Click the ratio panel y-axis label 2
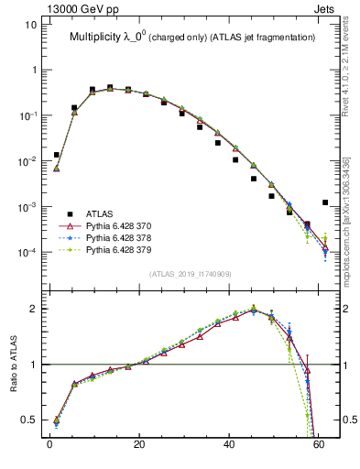pos(31,309)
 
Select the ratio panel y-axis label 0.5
pos(27,420)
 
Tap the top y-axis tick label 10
pos(28,25)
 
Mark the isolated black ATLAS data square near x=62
pos(325,202)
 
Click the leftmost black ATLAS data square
pos(57,155)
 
